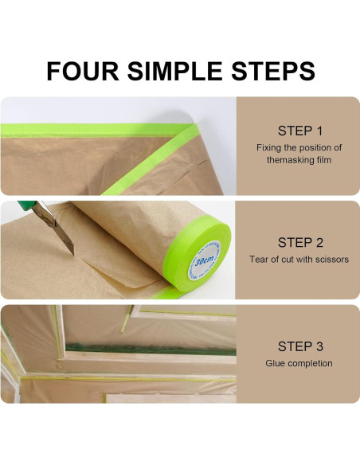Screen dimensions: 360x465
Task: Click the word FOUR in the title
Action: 83,71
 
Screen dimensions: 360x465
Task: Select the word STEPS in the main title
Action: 273,71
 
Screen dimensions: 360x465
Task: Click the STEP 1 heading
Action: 299,131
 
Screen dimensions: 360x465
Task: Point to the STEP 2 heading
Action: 300,243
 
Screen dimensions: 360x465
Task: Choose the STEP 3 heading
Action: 300,346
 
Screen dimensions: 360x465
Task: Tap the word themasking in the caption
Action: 288,160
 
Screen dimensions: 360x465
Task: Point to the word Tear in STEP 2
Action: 257,260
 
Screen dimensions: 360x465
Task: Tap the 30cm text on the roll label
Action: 205,260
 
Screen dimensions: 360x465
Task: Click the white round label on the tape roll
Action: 205,260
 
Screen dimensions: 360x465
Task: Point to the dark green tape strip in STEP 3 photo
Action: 151,349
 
